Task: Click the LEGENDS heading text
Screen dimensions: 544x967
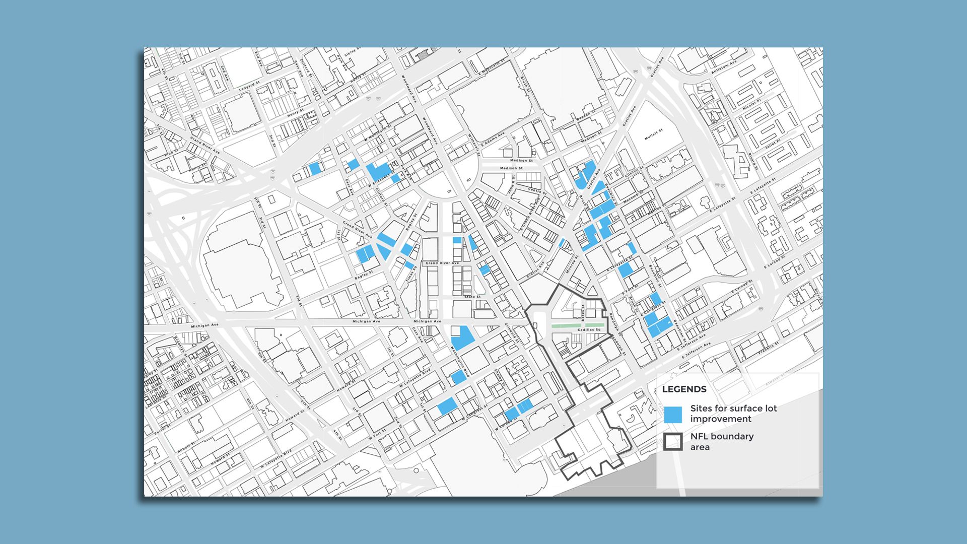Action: click(684, 389)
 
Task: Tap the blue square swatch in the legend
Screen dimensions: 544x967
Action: click(673, 415)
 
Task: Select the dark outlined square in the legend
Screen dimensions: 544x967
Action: click(673, 442)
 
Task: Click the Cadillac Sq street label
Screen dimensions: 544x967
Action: click(589, 330)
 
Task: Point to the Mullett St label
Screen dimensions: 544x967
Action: click(654, 134)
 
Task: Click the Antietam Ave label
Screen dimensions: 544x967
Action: click(724, 67)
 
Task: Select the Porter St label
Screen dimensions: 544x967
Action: click(162, 431)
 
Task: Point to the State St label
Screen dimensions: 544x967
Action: click(473, 297)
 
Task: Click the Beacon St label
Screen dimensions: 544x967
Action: click(586, 115)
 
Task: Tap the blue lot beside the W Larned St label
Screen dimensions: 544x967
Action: click(512, 415)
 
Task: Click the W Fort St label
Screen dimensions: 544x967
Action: click(377, 434)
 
